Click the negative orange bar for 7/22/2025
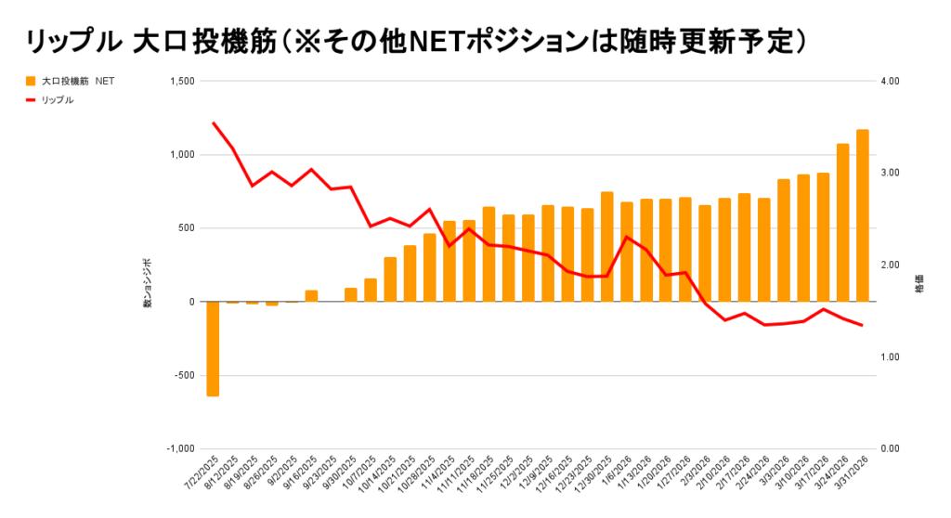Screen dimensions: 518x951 (x=213, y=349)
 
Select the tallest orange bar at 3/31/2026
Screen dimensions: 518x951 (x=862, y=215)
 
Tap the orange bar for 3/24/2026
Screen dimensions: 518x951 (x=842, y=223)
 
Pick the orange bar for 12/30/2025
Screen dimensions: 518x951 (x=606, y=247)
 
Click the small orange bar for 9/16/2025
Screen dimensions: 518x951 (x=311, y=296)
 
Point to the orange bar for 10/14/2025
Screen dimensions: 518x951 (x=390, y=279)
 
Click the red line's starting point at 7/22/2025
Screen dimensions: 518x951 (x=214, y=123)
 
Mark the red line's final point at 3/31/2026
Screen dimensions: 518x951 (x=862, y=325)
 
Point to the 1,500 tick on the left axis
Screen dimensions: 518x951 (x=181, y=82)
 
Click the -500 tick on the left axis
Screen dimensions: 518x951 (x=184, y=375)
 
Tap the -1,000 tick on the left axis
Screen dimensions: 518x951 (x=181, y=448)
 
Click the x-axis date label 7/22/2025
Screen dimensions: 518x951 (x=202, y=474)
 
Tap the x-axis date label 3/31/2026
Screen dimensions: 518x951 (x=851, y=474)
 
